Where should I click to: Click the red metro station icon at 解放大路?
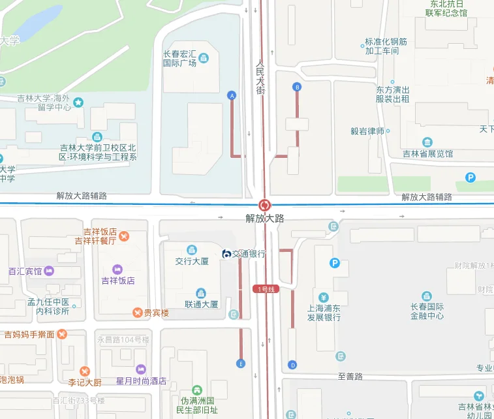click(264, 204)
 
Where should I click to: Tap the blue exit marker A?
click(231, 95)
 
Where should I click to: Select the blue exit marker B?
click(298, 87)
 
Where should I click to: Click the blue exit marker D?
click(292, 364)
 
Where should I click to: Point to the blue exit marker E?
click(241, 364)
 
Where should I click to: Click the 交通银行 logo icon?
click(226, 254)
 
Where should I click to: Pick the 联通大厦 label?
click(202, 304)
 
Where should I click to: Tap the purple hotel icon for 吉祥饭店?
click(117, 269)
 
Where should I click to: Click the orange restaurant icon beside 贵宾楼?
click(137, 313)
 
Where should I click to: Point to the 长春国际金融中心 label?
click(427, 311)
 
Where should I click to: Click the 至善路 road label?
click(350, 377)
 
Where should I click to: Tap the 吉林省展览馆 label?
click(427, 154)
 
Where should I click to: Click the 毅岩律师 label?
click(367, 131)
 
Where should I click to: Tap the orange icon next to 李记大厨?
click(83, 371)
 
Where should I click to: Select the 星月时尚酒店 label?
click(141, 381)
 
